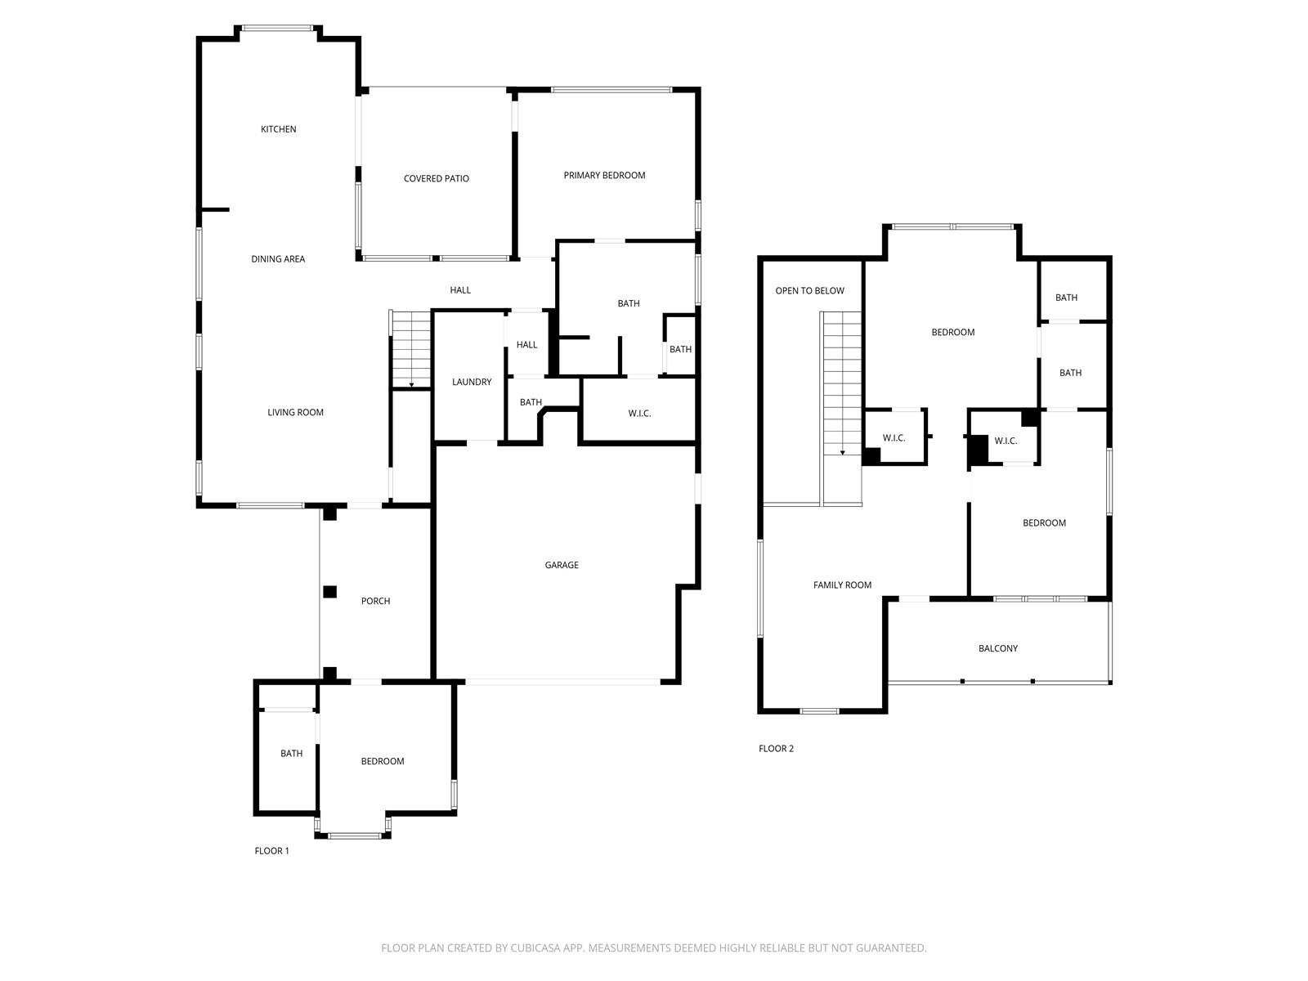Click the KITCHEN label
[x=278, y=129]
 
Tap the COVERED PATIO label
[x=437, y=179]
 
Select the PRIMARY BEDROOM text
[x=604, y=175]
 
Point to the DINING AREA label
[x=278, y=259]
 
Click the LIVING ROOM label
[x=296, y=412]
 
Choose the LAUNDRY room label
[x=472, y=382]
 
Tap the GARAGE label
[x=562, y=565]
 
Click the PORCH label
[x=375, y=601]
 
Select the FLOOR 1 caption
[x=271, y=850]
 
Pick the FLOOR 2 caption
[x=776, y=748]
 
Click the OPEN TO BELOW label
[x=809, y=291]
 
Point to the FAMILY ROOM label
[x=842, y=585]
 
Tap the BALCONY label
[x=997, y=648]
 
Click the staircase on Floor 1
[x=410, y=350]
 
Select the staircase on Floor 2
[x=841, y=409]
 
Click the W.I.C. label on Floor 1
[x=639, y=414]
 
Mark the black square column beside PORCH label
[x=329, y=591]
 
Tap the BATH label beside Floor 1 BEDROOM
[x=291, y=754]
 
